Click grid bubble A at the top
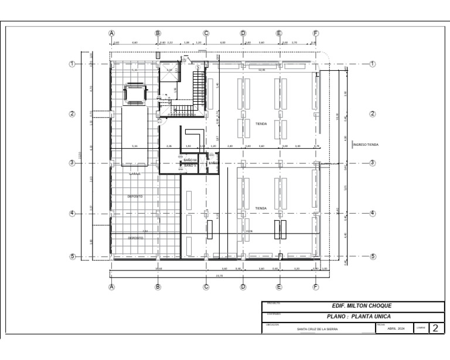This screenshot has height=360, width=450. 111,33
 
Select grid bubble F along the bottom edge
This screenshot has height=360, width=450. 316,287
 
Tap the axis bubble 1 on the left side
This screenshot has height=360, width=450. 73,64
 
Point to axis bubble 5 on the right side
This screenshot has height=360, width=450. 372,256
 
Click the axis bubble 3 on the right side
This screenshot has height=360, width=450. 372,163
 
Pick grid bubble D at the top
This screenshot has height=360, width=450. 243,33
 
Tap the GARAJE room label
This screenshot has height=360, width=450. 135,174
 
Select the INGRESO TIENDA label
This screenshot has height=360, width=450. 365,144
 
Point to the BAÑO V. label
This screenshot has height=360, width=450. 190,166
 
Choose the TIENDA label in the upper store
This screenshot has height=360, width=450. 261,124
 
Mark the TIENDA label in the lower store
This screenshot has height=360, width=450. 261,208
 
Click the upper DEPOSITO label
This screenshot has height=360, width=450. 135,197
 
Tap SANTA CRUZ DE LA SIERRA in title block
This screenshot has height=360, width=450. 318,329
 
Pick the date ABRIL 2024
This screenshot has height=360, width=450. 396,329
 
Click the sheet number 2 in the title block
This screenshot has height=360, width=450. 435,328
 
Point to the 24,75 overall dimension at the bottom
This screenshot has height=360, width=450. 219,276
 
